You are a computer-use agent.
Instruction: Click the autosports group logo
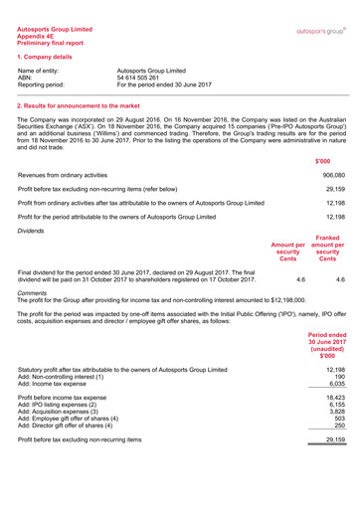pyautogui.click(x=320, y=32)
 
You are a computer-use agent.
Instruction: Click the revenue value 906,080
pyautogui.click(x=333, y=173)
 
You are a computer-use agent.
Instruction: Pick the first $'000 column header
pyautogui.click(x=324, y=159)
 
